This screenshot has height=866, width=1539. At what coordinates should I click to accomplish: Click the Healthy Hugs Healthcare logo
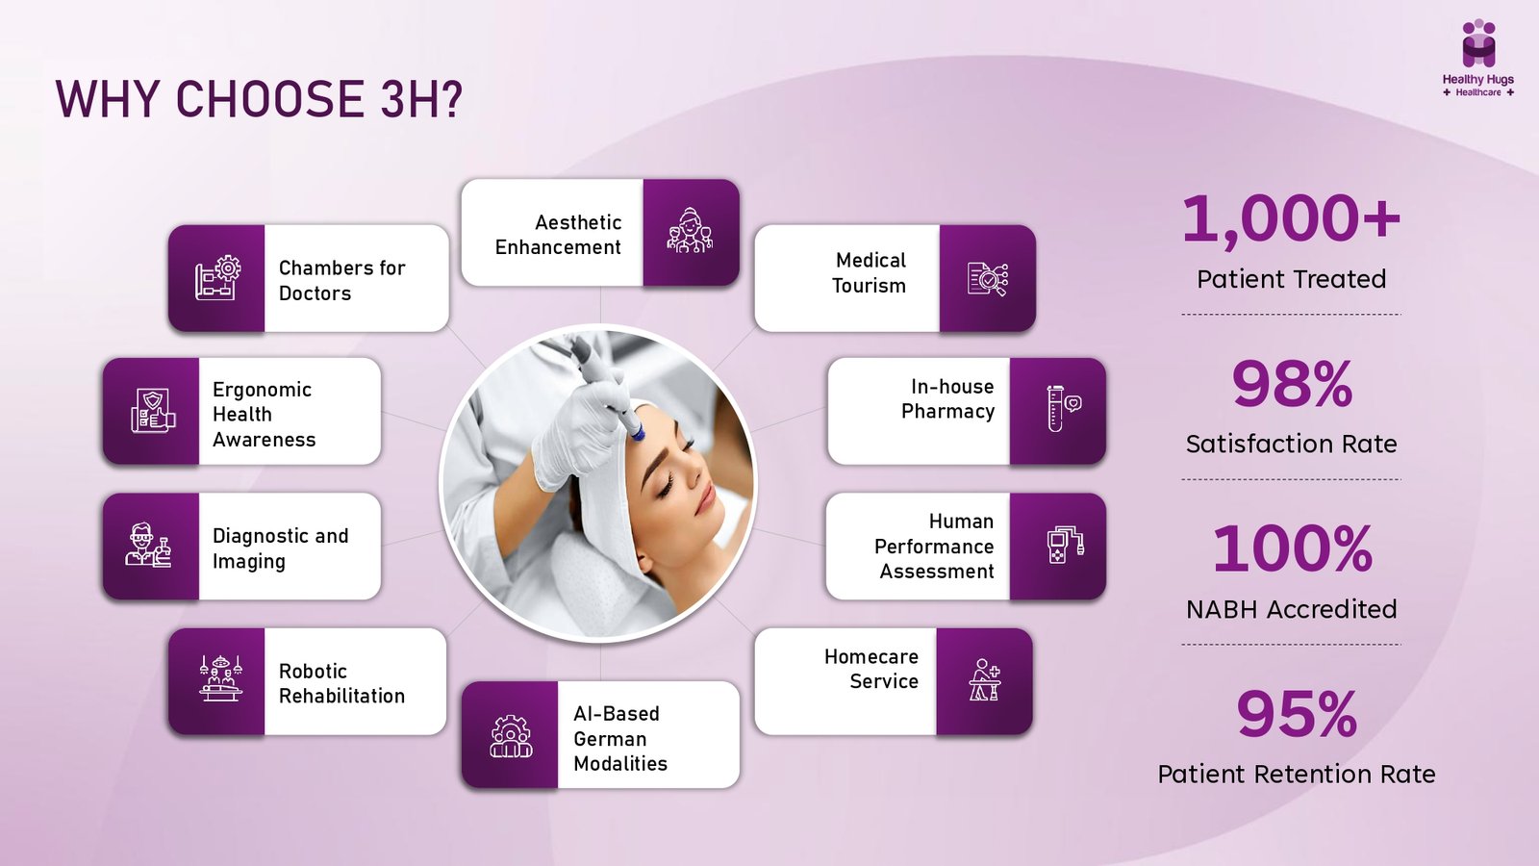click(1477, 59)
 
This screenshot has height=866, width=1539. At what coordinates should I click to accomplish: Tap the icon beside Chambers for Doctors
click(217, 278)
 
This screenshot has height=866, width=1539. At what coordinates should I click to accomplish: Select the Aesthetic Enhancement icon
click(691, 231)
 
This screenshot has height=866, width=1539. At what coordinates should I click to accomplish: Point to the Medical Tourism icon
click(987, 279)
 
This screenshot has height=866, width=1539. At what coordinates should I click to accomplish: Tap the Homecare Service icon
click(985, 679)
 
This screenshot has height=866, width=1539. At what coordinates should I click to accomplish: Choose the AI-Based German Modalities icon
click(511, 736)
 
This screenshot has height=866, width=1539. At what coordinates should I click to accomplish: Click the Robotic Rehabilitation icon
click(220, 677)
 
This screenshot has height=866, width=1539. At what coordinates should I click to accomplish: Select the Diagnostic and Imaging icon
click(148, 545)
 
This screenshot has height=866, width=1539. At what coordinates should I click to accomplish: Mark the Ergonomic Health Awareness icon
click(153, 410)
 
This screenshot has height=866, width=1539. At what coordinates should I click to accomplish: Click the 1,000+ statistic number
click(1291, 219)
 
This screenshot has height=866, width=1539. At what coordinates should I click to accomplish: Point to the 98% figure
click(1292, 384)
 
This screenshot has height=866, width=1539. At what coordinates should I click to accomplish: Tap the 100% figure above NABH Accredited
click(1292, 548)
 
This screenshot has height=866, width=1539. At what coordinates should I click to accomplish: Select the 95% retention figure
click(1297, 714)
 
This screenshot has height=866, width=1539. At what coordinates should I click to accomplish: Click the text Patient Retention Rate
click(1297, 775)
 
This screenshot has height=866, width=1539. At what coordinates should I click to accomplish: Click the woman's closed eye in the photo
click(665, 485)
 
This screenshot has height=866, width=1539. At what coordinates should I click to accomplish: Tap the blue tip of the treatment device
click(637, 434)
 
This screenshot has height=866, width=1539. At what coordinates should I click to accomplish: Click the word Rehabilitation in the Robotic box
click(341, 697)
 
